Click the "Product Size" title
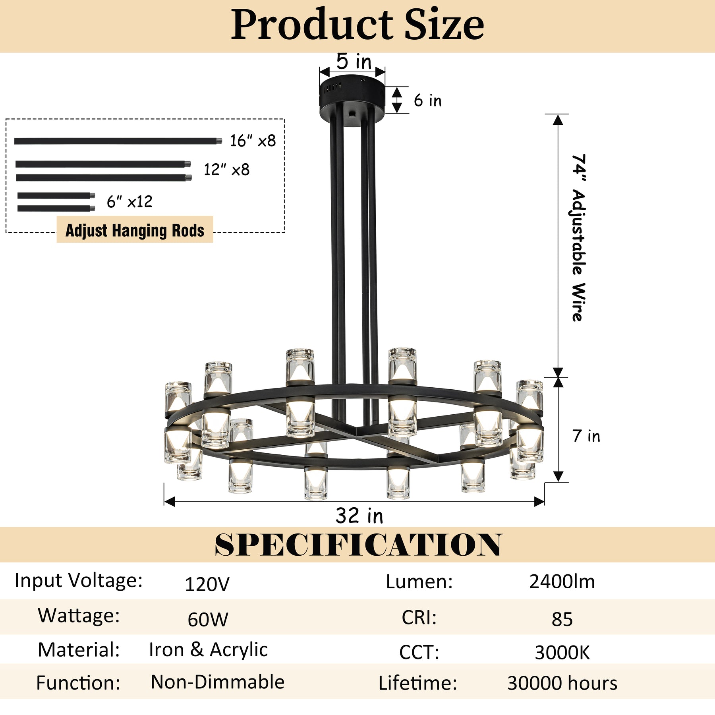357,25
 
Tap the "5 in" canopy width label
354,61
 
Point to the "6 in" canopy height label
427,100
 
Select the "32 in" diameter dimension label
359,516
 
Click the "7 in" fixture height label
586,436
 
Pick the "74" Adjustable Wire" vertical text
578,237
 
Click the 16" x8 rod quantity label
253,141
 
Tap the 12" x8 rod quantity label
226,170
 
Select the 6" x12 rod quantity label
129,201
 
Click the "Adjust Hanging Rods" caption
135,230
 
